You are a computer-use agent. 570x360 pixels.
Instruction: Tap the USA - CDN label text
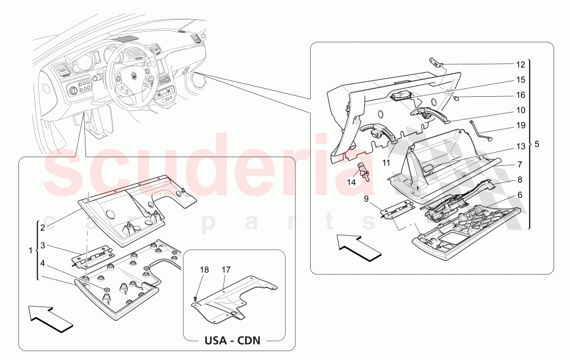[x=233, y=341]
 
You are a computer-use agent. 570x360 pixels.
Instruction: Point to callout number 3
[x=42, y=246]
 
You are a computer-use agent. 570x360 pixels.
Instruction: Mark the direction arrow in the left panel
[x=51, y=317]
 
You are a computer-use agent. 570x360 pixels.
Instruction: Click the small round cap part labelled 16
[x=458, y=98]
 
